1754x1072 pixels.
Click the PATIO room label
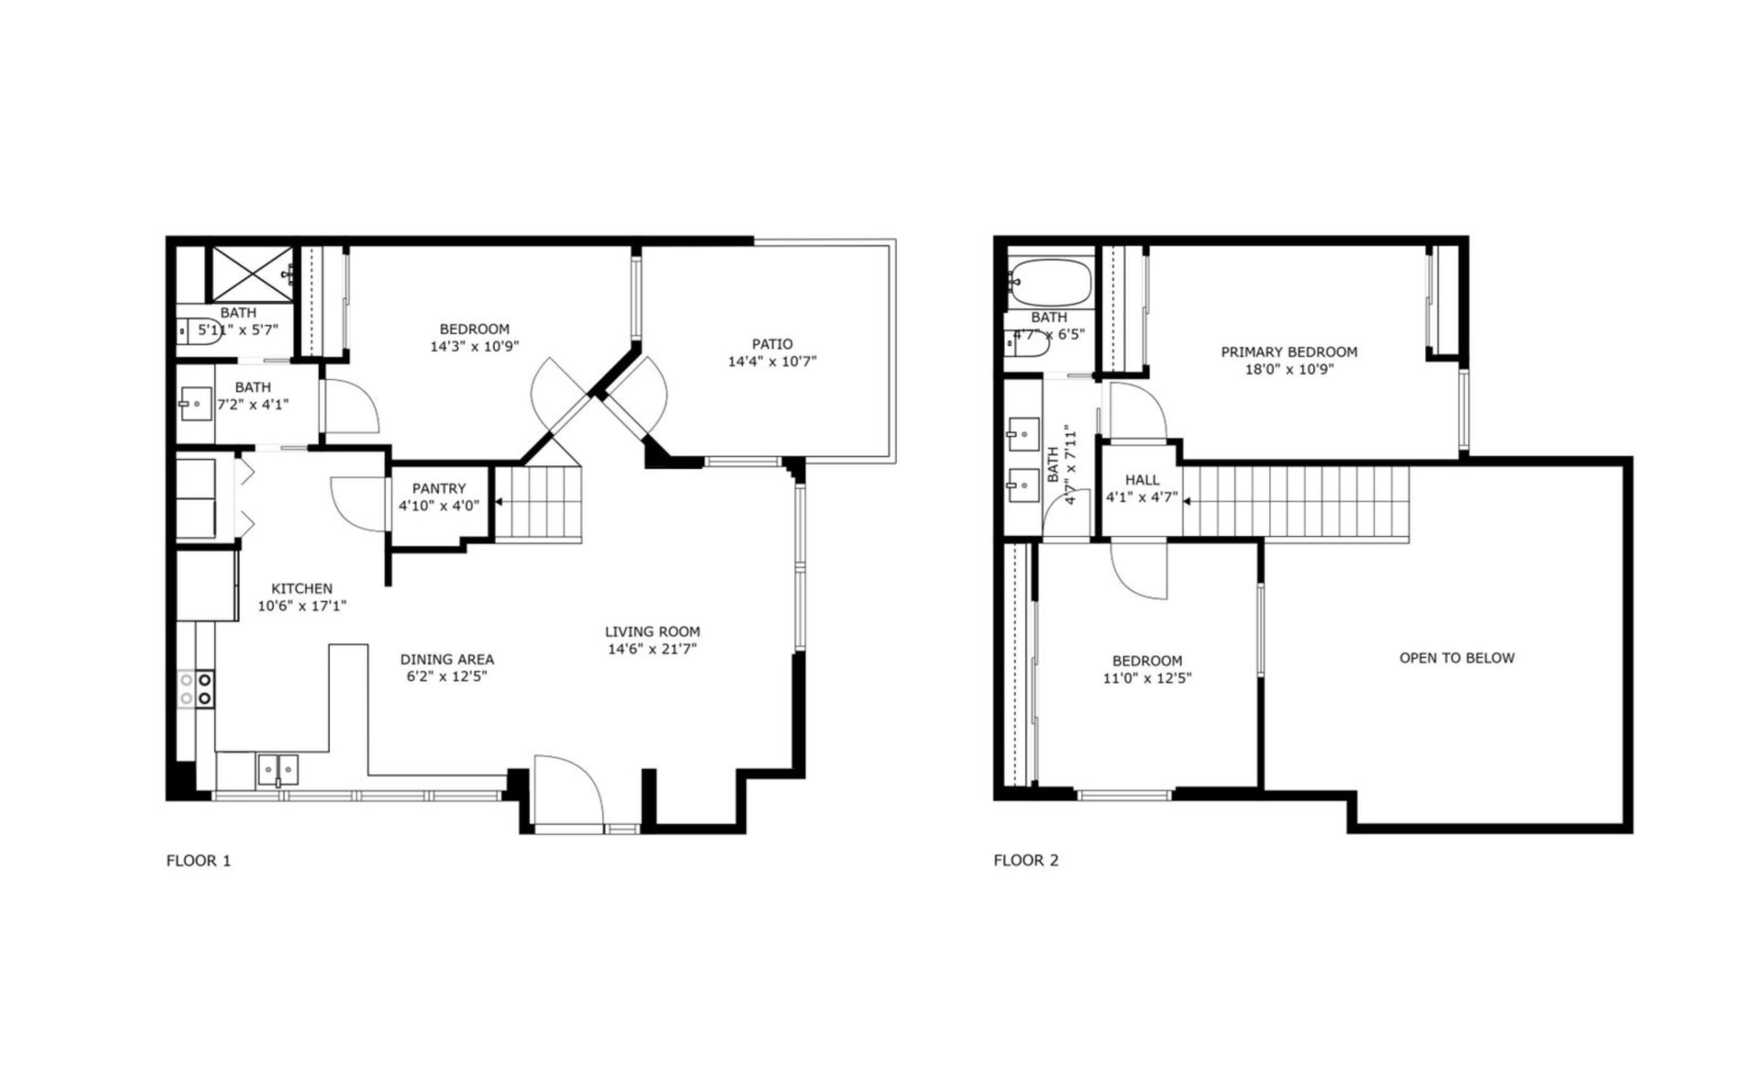(x=772, y=344)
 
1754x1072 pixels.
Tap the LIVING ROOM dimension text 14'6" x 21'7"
(x=652, y=648)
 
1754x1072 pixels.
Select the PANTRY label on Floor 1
(x=438, y=488)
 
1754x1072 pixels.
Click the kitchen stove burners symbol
(x=196, y=689)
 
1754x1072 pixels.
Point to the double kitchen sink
(x=278, y=769)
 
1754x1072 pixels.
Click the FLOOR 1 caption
(x=199, y=860)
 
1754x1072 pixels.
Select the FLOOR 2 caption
(x=1026, y=860)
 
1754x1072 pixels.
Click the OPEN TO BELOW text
(x=1456, y=658)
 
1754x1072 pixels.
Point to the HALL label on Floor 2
(x=1142, y=480)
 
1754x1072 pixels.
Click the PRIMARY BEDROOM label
(x=1289, y=352)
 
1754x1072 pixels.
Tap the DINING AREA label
(x=446, y=659)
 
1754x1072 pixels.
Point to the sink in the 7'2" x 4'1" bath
(x=194, y=404)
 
